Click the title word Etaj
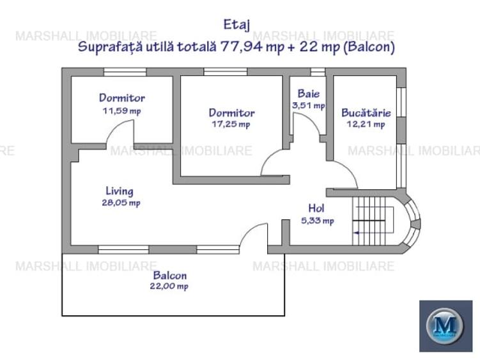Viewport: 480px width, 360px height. (x=236, y=24)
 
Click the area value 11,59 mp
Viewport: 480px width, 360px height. (x=121, y=111)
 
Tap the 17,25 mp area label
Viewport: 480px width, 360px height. (x=231, y=125)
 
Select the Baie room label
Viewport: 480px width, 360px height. (x=308, y=93)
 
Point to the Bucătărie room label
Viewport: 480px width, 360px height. (x=366, y=112)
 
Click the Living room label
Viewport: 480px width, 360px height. (x=120, y=191)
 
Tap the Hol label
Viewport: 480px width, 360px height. (x=317, y=208)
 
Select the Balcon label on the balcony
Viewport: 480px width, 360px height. (x=170, y=275)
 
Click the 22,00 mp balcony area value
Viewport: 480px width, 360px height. (x=170, y=286)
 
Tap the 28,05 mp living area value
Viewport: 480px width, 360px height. (x=120, y=203)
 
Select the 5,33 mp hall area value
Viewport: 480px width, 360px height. (x=317, y=221)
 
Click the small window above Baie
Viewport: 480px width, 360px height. (x=318, y=72)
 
